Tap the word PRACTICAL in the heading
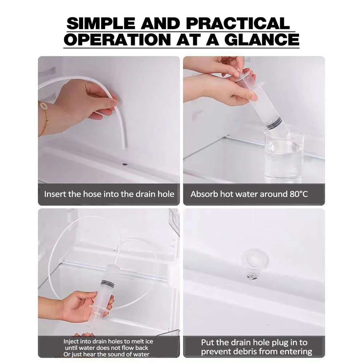click(238, 23)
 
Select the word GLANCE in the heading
click(262, 40)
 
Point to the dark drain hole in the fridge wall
click(125, 164)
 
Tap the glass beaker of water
click(284, 154)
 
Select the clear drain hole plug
click(254, 264)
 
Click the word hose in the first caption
click(92, 194)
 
